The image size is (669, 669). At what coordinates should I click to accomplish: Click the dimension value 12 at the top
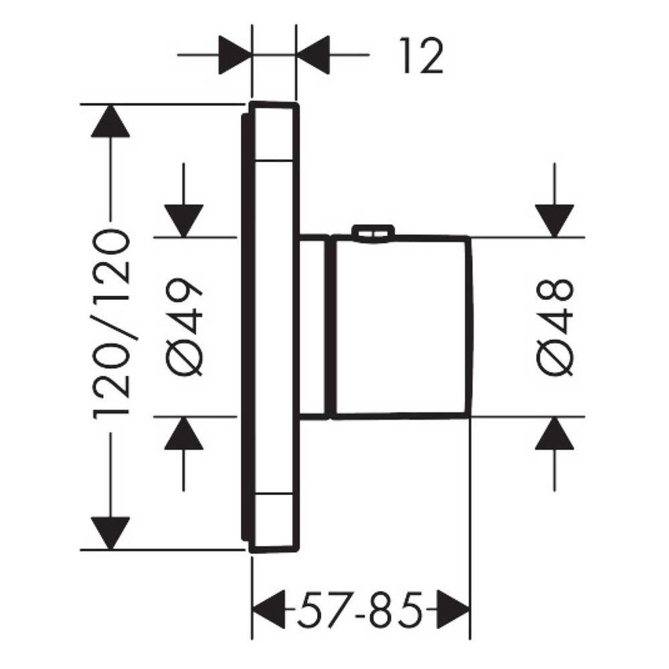pos(420,57)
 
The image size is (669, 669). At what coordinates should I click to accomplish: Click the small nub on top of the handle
pos(372,231)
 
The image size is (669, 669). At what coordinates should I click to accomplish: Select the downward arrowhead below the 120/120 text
pos(109,532)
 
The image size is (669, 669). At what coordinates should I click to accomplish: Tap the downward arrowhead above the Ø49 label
pos(184,220)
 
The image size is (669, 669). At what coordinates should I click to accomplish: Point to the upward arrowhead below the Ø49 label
pos(184,433)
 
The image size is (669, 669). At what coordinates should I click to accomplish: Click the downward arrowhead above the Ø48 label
pos(554,220)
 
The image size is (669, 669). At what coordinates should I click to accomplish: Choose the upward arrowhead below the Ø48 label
pos(554,433)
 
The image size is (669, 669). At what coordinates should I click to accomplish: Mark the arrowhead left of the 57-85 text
pos(268,608)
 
